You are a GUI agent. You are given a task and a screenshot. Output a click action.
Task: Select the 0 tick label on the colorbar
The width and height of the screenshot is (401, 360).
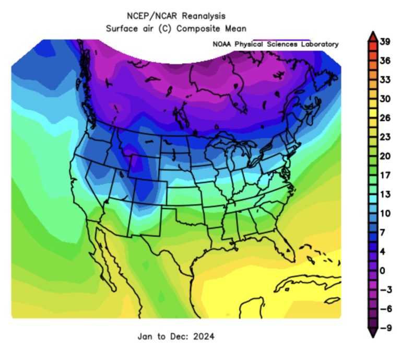(382, 270)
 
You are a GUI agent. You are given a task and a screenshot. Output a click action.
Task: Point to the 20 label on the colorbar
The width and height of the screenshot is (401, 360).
(385, 156)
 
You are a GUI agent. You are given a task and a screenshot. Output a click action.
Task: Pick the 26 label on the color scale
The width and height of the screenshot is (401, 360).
(385, 118)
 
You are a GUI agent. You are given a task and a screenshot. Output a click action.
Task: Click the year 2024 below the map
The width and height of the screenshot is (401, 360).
(204, 336)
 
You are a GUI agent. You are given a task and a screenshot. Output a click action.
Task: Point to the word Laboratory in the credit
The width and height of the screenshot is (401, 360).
(316, 44)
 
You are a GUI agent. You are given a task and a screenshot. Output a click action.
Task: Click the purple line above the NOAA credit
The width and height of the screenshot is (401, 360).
(281, 40)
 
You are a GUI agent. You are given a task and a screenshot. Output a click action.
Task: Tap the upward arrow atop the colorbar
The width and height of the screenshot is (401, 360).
(372, 36)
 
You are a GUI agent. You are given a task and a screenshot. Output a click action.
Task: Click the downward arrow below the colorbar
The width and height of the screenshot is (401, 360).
(372, 333)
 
